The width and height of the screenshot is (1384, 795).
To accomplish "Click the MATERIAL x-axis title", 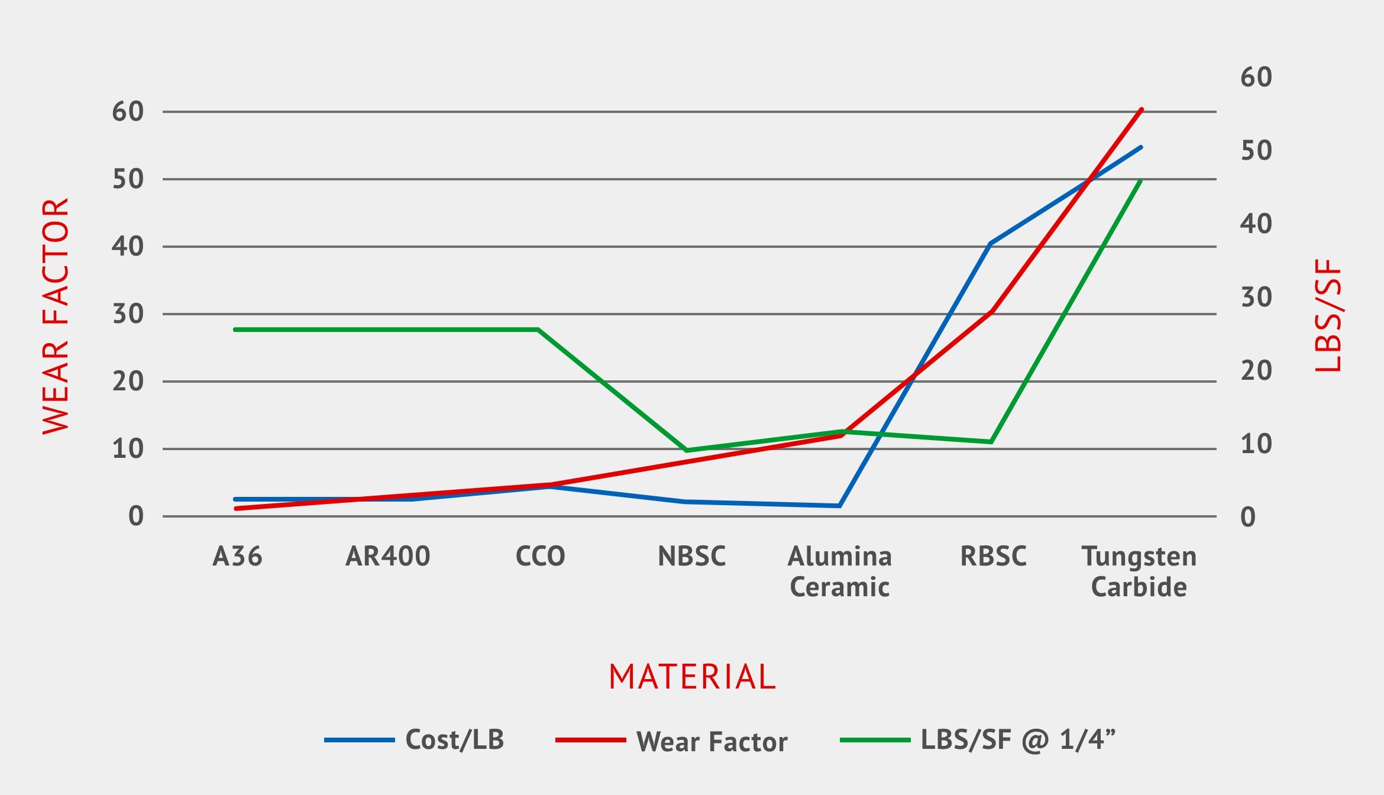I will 692,677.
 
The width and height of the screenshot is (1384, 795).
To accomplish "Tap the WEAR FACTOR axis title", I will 56,316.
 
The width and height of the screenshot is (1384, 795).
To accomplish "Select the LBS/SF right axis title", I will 1328,315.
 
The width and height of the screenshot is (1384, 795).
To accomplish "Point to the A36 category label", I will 237,556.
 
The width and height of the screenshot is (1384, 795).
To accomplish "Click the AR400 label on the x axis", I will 387,556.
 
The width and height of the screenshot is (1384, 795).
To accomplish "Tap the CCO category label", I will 540,556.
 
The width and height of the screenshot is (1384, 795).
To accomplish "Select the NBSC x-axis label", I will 691,556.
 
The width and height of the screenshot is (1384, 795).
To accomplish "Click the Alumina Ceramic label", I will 839,571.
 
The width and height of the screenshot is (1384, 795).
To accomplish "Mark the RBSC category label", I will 993,556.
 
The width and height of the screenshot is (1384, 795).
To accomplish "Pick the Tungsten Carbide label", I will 1139,571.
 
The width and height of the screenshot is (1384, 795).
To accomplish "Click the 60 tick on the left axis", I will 128,112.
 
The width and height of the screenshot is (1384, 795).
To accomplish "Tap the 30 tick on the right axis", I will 1256,297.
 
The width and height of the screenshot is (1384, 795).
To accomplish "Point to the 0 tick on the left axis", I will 136,516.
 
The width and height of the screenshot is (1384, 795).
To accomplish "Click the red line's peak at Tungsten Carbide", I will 1142,109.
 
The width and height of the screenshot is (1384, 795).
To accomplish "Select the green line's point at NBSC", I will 687,450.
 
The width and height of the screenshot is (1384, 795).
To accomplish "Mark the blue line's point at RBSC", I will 991,243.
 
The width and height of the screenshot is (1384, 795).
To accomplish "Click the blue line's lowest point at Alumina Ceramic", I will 839,506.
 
